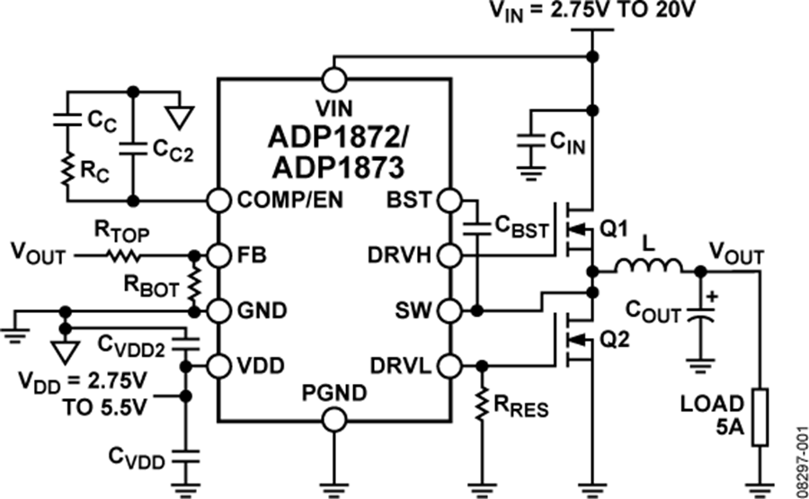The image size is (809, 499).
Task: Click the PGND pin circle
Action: click(x=333, y=418)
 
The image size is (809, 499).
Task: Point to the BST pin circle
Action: click(x=449, y=200)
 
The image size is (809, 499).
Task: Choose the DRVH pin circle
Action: click(x=449, y=256)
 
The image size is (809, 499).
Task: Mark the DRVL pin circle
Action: click(x=449, y=366)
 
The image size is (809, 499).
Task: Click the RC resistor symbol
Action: click(x=65, y=169)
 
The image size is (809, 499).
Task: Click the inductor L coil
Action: click(x=648, y=267)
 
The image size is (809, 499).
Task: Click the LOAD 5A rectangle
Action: click(x=761, y=417)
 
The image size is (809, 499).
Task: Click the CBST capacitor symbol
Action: click(x=477, y=227)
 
